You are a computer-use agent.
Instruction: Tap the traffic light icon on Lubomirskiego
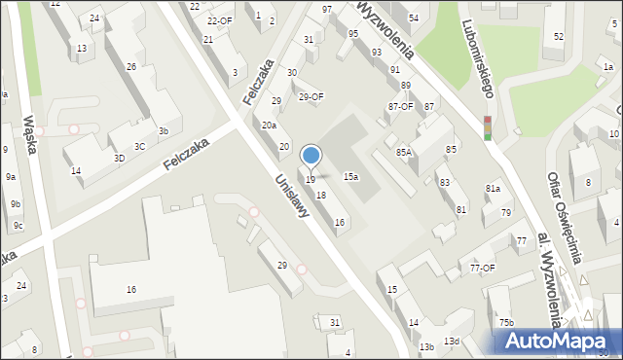pos(488,127)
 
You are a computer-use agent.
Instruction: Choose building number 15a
pos(350,176)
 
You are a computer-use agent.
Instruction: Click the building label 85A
pos(404,152)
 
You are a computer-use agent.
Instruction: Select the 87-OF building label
pos(400,107)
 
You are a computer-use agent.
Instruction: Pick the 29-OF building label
pos(311,96)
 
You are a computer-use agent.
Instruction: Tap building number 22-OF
pos(220,20)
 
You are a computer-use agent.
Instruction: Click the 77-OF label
pos(483,268)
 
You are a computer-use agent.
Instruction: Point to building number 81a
pos(494,188)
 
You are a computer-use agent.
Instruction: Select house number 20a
pos(269,125)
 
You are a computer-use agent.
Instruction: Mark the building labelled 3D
pos(119,158)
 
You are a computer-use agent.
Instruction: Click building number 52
pos(559,37)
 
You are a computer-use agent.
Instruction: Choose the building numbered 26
pos(131,67)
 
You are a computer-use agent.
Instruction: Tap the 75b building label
pos(506,322)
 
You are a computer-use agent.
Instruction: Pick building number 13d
pos(452,341)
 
